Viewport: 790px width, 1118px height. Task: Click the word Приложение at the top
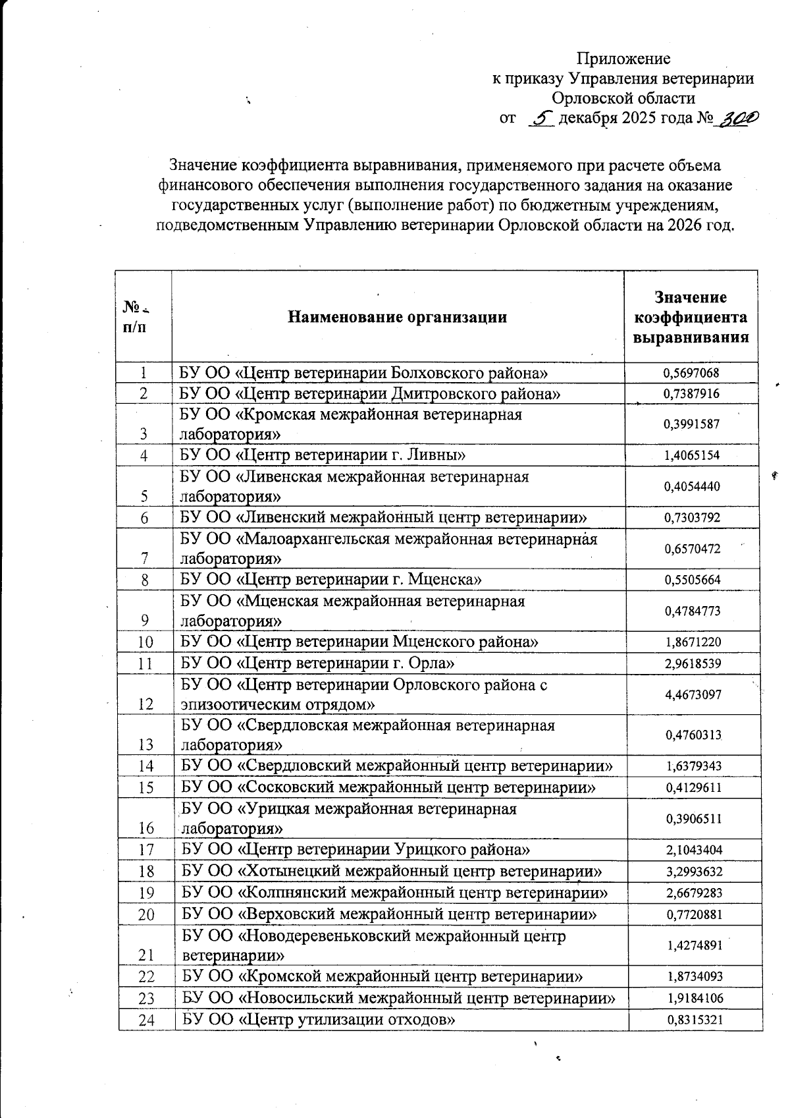[623, 59]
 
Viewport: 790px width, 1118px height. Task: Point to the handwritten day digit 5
[542, 119]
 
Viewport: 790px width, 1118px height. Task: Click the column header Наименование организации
[397, 317]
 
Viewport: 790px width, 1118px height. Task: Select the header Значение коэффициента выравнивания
[691, 317]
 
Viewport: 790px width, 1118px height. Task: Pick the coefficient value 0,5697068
[691, 374]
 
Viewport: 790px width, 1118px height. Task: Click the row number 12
[146, 704]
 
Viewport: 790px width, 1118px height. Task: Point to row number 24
[147, 1020]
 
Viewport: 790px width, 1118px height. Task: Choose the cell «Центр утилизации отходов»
[319, 1020]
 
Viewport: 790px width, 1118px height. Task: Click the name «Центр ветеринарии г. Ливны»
[323, 455]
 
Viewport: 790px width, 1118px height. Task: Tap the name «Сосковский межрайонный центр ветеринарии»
[389, 787]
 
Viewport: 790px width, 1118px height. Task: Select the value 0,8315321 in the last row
[696, 1020]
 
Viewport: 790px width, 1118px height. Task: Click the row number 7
[144, 558]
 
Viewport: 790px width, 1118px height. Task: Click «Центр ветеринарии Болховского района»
[364, 374]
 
